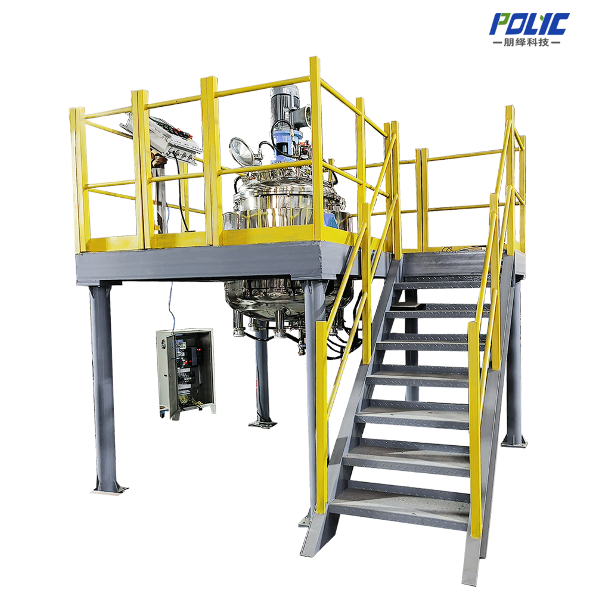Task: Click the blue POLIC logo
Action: pos(529,24)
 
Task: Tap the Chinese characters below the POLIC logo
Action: pos(526,42)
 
